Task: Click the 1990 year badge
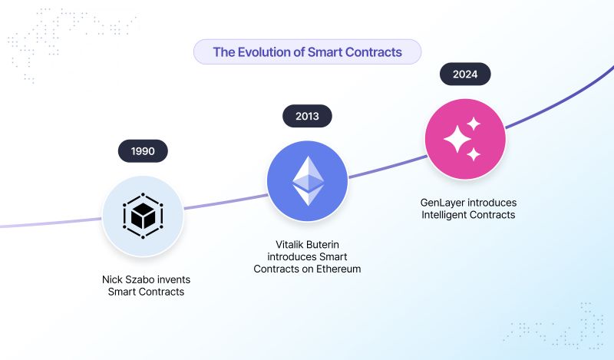143,151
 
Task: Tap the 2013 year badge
307,117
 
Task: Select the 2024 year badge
465,74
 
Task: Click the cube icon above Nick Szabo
143,216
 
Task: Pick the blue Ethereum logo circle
307,181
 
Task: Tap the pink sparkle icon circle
465,139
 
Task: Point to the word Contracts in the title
375,52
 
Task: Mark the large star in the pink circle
459,140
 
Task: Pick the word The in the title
223,52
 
